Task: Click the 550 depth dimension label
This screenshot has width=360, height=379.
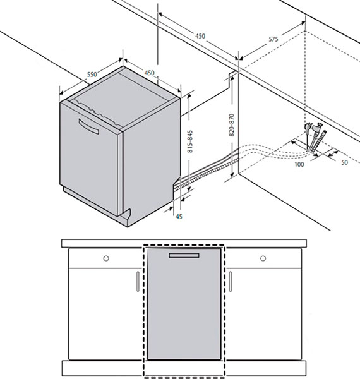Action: (x=92, y=74)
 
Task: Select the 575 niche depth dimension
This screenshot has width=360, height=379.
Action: (x=273, y=39)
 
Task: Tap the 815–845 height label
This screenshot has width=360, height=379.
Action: (x=190, y=141)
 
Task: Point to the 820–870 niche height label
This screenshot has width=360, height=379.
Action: (x=232, y=125)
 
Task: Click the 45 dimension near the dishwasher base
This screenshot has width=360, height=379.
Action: (x=179, y=217)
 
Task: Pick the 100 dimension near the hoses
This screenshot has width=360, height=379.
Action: (x=299, y=164)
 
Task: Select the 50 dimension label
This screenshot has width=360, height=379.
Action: (x=345, y=162)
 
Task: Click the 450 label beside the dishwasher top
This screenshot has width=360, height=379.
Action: (x=149, y=73)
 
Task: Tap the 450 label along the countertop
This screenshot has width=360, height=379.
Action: (x=200, y=36)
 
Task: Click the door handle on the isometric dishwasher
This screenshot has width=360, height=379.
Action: (x=88, y=126)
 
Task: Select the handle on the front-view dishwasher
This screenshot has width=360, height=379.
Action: (x=184, y=255)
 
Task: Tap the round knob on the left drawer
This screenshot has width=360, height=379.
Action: (x=106, y=258)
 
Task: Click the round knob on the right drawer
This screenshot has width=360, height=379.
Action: (x=263, y=258)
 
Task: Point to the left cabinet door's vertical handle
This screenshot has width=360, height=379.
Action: (x=138, y=281)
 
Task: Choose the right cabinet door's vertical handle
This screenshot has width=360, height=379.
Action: (x=231, y=281)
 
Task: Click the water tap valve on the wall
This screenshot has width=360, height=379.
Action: (x=317, y=127)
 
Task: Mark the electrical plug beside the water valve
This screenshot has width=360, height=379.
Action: (x=308, y=128)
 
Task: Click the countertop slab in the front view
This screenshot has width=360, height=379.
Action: (x=184, y=243)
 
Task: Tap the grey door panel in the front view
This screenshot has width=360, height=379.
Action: (x=184, y=304)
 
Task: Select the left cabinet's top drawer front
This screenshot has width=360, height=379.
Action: (x=104, y=258)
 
